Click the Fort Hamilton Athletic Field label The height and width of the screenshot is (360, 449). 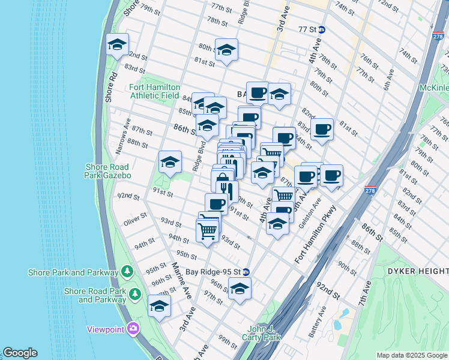pyautogui.click(x=155, y=91)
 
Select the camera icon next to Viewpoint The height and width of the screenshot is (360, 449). pyautogui.click(x=133, y=328)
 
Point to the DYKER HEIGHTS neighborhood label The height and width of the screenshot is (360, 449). pyautogui.click(x=420, y=271)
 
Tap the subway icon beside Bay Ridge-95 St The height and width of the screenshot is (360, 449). pyautogui.click(x=246, y=271)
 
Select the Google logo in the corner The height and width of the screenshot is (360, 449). pyautogui.click(x=20, y=353)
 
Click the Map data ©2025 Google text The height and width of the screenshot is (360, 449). pyautogui.click(x=411, y=355)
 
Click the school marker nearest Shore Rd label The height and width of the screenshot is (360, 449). pyautogui.click(x=117, y=44)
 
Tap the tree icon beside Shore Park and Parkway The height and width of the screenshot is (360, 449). pyautogui.click(x=127, y=272)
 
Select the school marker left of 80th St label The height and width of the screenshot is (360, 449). pyautogui.click(x=226, y=50)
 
